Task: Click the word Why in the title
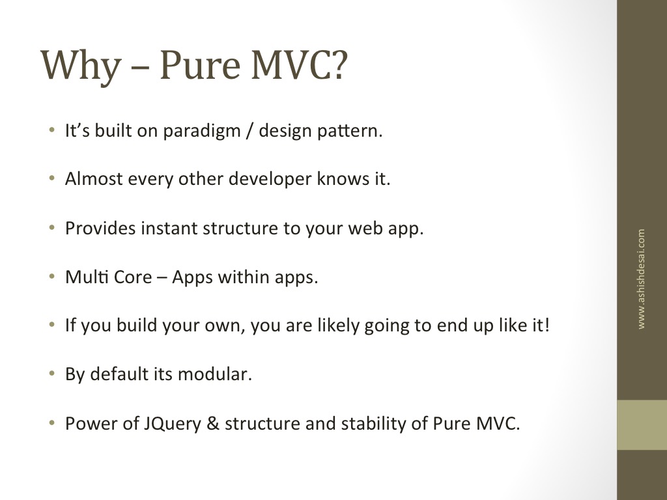click(x=81, y=66)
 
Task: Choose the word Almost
click(x=94, y=178)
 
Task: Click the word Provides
click(x=101, y=228)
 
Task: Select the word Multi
click(x=87, y=277)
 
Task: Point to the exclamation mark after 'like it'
click(x=547, y=325)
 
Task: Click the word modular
click(x=215, y=374)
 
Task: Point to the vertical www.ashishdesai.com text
click(x=641, y=279)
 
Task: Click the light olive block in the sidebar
click(x=642, y=424)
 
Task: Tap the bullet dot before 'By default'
click(x=52, y=374)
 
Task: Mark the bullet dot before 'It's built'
click(x=52, y=130)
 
